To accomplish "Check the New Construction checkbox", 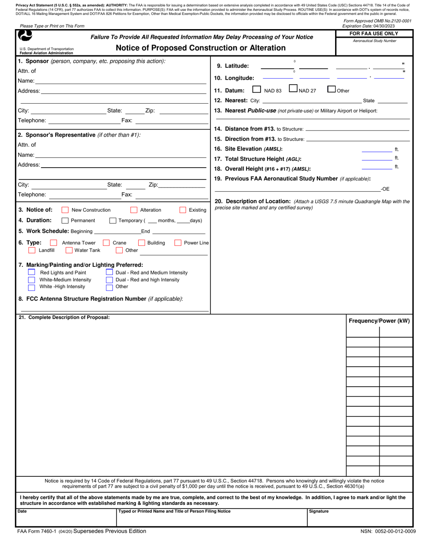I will pyautogui.click(x=65, y=210).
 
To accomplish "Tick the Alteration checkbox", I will pyautogui.click(x=134, y=210).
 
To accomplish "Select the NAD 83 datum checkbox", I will pyautogui.click(x=256, y=90).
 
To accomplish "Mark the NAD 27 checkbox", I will pyautogui.click(x=293, y=90).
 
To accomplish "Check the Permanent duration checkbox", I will pyautogui.click(x=65, y=221).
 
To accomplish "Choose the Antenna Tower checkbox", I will pyautogui.click(x=54, y=243).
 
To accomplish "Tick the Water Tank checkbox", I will pyautogui.click(x=69, y=250).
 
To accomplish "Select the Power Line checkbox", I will pyautogui.click(x=178, y=243).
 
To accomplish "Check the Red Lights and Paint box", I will pyautogui.click(x=32, y=272).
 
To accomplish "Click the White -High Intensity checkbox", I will pyautogui.click(x=32, y=287).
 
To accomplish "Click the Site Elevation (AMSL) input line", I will pyautogui.click(x=377, y=150).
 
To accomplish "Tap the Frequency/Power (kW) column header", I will pyautogui.click(x=379, y=321).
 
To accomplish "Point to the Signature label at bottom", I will pyautogui.click(x=319, y=511).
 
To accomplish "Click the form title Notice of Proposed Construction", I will pyautogui.click(x=201, y=48).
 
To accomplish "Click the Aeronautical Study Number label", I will pyautogui.click(x=374, y=41).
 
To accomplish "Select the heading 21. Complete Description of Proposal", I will pyautogui.click(x=64, y=317).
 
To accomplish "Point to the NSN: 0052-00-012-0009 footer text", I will pyautogui.click(x=388, y=531).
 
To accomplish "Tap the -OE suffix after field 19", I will pyautogui.click(x=385, y=189).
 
